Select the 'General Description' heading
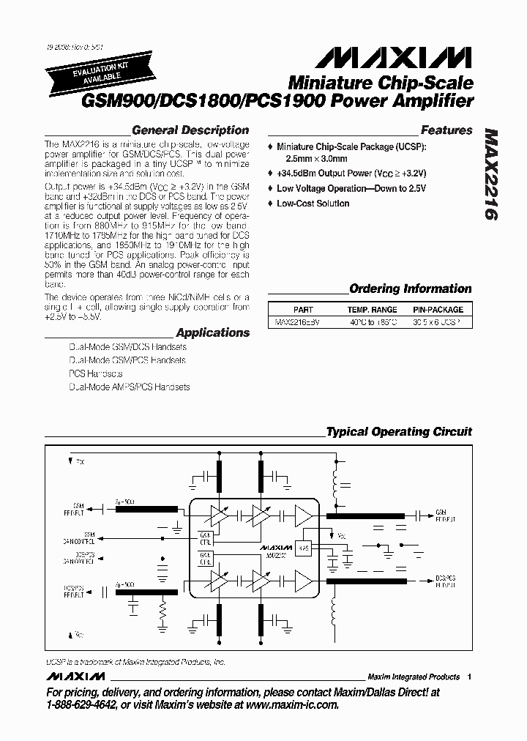(x=190, y=130)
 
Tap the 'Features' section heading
(x=446, y=130)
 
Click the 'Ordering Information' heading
(x=410, y=288)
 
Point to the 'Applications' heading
(x=212, y=332)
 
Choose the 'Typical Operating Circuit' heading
(x=398, y=431)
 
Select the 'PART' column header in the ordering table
(x=302, y=310)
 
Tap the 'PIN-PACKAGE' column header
(x=438, y=310)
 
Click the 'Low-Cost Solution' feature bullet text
(x=313, y=204)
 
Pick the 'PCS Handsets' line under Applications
(x=95, y=373)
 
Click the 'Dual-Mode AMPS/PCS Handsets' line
(x=129, y=387)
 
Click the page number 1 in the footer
(x=469, y=677)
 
